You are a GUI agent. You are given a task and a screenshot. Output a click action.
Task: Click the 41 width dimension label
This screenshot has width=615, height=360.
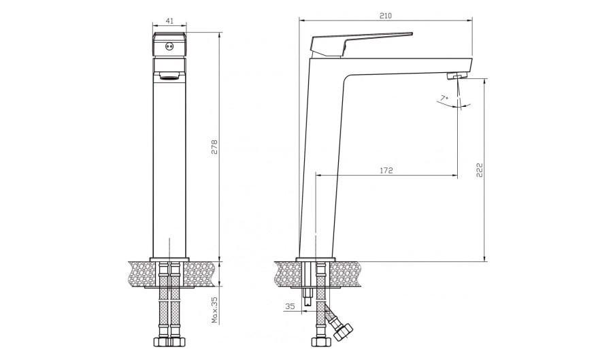(169, 21)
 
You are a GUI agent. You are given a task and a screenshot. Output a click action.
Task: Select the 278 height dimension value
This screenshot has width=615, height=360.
(214, 147)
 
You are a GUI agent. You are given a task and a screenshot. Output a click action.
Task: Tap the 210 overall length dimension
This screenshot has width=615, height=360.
(386, 16)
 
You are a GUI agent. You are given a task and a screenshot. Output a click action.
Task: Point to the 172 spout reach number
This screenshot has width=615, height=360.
(386, 171)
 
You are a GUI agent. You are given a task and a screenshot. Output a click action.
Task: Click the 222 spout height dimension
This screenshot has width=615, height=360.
(480, 170)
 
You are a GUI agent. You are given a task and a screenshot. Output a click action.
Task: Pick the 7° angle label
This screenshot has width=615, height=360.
(444, 97)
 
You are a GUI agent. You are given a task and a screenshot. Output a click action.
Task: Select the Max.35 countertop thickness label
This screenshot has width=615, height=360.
(214, 310)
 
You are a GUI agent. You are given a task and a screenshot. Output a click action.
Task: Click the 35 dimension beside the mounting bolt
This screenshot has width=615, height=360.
(290, 306)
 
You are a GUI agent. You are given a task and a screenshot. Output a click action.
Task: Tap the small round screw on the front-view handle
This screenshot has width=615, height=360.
(169, 46)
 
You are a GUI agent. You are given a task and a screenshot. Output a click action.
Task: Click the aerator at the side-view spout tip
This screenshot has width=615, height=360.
(457, 75)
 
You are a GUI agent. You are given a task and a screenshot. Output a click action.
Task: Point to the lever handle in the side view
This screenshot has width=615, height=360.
(360, 44)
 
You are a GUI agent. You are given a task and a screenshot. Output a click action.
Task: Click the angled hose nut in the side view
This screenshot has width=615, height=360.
(344, 331)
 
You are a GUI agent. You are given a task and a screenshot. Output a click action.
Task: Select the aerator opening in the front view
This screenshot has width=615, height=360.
(169, 76)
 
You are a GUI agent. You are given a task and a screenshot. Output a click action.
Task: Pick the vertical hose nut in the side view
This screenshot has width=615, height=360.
(320, 342)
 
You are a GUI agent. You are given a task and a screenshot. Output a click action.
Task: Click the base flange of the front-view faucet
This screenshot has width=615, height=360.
(169, 259)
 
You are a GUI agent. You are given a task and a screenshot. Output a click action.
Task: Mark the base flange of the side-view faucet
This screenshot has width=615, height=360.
(316, 259)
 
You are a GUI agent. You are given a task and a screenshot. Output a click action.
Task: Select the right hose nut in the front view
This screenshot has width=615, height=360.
(178, 341)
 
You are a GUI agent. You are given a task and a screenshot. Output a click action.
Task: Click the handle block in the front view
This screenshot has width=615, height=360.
(169, 44)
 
